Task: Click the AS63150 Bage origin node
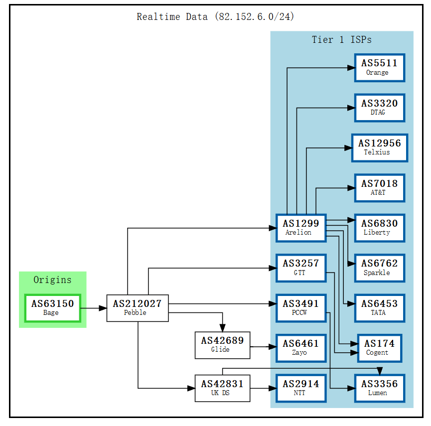coord(52,308)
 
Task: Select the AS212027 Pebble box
coord(137,308)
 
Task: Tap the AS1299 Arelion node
coord(301,228)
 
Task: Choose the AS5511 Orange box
coord(379,67)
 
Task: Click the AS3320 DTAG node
coord(379,108)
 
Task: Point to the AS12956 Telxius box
coord(379,147)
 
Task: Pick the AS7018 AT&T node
coord(379,188)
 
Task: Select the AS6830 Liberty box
coord(379,228)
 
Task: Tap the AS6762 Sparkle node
coord(379,268)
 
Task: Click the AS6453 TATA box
coord(379,308)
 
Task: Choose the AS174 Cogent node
coord(379,348)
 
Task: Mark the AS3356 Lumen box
coord(379,388)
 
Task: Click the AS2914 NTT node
coord(301,388)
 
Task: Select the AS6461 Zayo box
coord(301,348)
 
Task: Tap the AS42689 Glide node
coord(222,345)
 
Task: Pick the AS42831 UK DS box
coord(222,388)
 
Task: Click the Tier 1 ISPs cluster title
coord(341,40)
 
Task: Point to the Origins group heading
coord(52,280)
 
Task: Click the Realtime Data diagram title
coord(215,17)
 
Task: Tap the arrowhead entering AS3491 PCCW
coord(272,303)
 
